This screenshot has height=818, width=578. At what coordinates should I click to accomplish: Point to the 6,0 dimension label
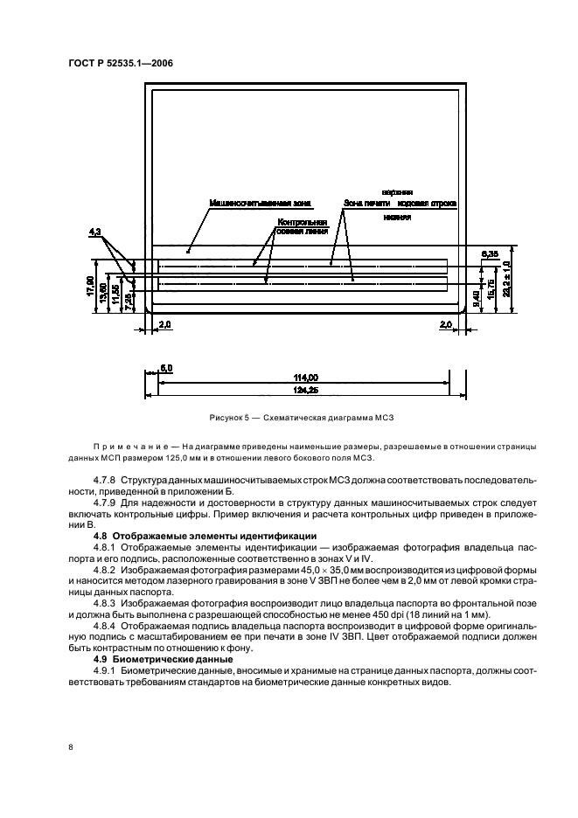pos(166,368)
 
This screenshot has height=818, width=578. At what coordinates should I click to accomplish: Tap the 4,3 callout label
pos(96,232)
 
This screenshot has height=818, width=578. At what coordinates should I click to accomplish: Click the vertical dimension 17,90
pos(91,288)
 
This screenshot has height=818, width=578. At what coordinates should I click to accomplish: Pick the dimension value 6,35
pos(490,253)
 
